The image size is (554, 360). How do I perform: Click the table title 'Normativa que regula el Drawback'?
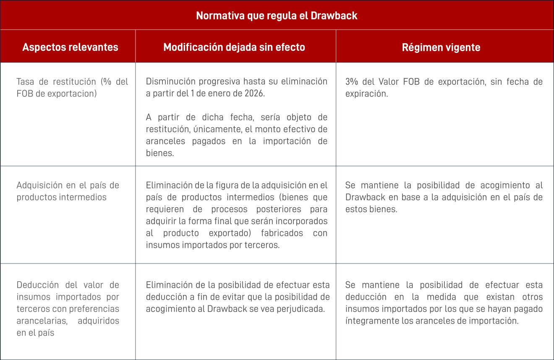277,16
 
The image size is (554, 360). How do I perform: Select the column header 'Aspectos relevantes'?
70,47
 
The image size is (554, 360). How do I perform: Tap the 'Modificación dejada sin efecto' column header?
234,47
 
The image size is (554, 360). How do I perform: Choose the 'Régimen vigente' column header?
441,47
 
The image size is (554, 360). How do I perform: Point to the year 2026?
254,94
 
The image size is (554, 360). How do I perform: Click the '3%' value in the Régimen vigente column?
352,82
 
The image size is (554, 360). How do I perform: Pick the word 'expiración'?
366,94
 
